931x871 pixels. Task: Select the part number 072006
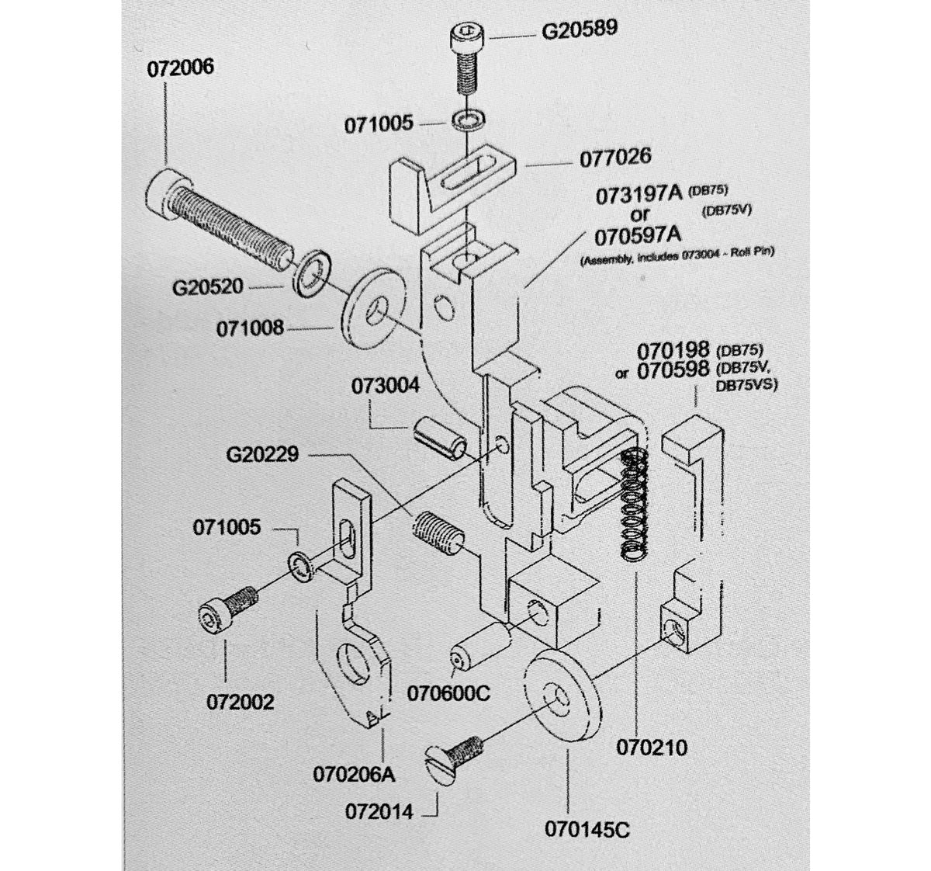tap(181, 68)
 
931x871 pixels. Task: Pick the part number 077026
tap(615, 157)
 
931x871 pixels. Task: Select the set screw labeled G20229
tap(435, 533)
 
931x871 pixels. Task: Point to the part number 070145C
tap(586, 830)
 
